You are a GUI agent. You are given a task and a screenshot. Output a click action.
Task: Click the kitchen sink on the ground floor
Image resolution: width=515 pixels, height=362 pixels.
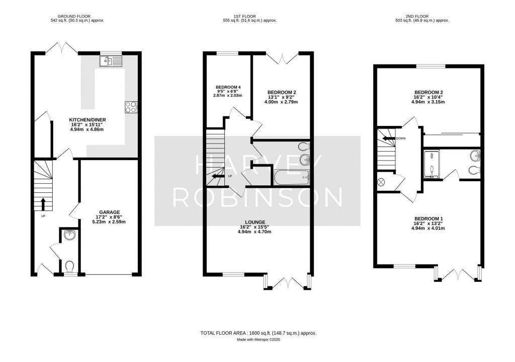click(x=111, y=61)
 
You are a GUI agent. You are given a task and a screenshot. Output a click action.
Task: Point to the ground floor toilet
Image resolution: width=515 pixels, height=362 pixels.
click(x=70, y=265)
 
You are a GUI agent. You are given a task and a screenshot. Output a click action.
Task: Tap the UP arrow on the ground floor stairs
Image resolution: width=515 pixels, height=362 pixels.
click(x=42, y=204)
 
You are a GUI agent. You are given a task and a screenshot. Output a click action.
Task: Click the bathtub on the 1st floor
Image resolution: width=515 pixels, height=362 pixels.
click(x=292, y=177)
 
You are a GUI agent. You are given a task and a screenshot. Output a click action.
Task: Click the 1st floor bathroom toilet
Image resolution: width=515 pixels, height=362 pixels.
click(x=304, y=147)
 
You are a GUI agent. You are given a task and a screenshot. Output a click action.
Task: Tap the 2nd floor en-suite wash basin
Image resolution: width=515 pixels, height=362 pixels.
click(x=475, y=155)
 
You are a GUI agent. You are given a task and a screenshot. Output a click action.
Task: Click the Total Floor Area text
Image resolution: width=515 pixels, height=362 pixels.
click(x=259, y=333)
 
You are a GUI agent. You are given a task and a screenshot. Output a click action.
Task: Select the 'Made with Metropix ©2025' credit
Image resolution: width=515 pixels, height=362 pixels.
click(x=259, y=340)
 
